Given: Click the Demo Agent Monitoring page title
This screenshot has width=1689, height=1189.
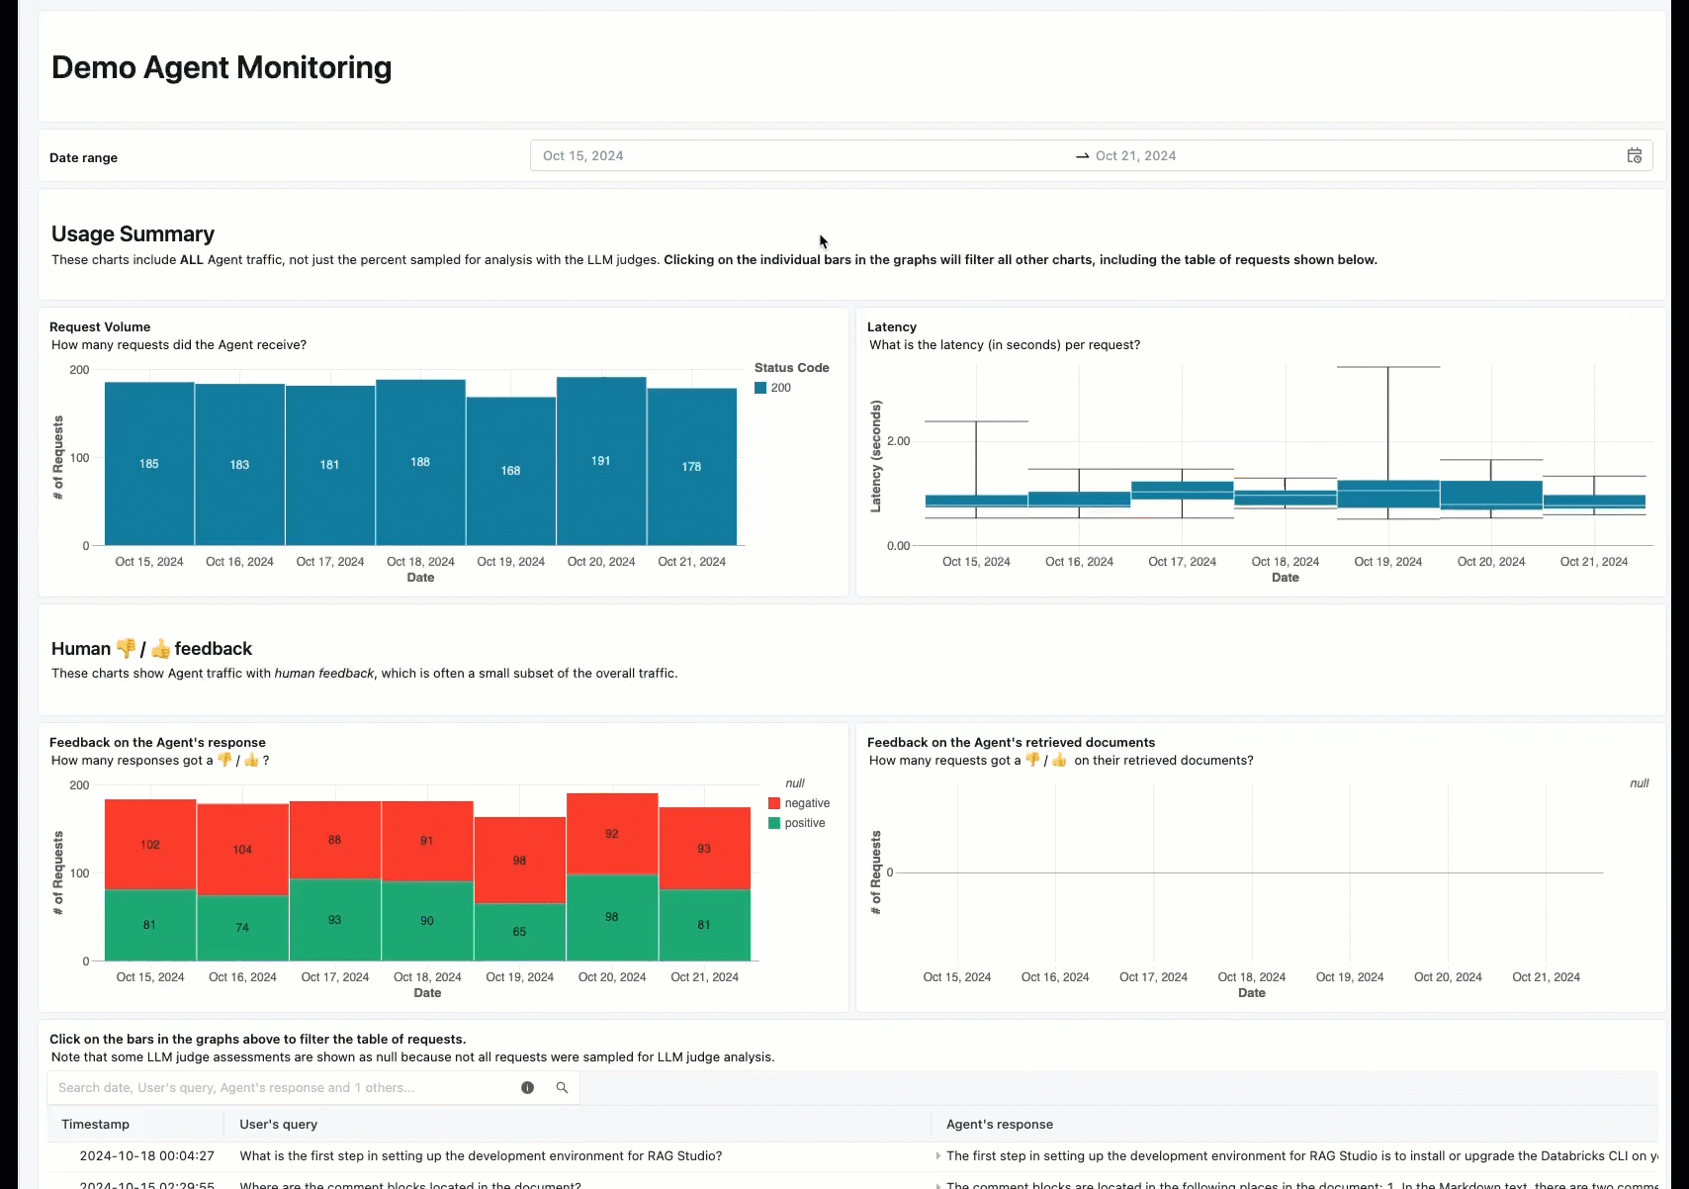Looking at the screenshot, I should pos(222,67).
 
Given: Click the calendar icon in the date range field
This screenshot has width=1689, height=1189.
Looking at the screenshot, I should pos(1634,156).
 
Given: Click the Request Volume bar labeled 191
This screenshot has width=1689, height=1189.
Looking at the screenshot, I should pos(601,461).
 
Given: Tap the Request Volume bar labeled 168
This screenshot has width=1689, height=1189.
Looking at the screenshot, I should pos(510,471).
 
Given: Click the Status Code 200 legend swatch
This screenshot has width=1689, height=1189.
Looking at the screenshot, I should pos(760,388).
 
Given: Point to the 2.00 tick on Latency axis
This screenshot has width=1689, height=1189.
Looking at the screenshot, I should pos(899,441).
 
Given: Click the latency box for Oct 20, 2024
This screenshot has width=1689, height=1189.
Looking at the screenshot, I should pos(1490,495).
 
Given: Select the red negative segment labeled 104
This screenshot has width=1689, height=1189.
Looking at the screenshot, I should pos(242,849).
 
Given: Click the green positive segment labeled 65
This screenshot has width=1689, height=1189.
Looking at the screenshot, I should pos(519,932).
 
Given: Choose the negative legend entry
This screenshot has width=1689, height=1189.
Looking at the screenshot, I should pos(806,803).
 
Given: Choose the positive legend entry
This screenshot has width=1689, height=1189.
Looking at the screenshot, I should pos(804,823).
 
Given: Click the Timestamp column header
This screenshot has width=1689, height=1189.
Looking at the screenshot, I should pos(95,1125).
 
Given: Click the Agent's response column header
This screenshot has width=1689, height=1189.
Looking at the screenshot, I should pos(999,1125).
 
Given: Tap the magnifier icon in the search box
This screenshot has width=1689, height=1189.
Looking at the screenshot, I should pos(562,1088).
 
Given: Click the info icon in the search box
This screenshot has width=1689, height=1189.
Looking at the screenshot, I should pos(527,1088).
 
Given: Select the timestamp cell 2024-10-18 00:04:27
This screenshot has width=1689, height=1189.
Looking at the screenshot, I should pos(146,1156).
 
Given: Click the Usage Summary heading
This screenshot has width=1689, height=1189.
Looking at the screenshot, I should pos(133,234).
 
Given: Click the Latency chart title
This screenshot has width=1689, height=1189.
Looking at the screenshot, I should pos(891,327).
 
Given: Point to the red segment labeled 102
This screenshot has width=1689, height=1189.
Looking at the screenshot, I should pos(149,845).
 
